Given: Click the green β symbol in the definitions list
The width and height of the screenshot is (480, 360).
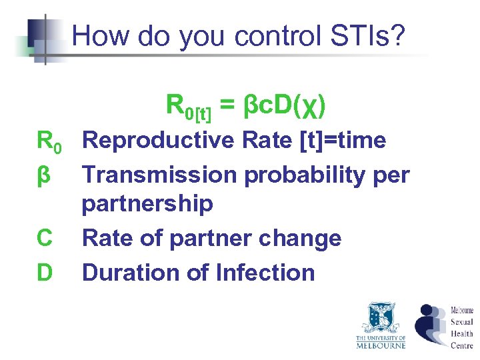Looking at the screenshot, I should pyautogui.click(x=44, y=175).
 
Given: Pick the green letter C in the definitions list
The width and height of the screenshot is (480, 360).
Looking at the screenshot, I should pyautogui.click(x=45, y=238).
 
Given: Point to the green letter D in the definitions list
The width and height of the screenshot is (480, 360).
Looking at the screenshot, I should pyautogui.click(x=45, y=273).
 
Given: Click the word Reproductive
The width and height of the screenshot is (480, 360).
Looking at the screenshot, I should pyautogui.click(x=158, y=141).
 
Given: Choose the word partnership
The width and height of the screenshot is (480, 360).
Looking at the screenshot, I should pyautogui.click(x=147, y=203).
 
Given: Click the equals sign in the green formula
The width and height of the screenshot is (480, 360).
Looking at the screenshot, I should pyautogui.click(x=227, y=105).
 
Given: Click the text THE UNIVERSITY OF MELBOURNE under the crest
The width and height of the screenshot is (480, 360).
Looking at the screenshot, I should pyautogui.click(x=380, y=342).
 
